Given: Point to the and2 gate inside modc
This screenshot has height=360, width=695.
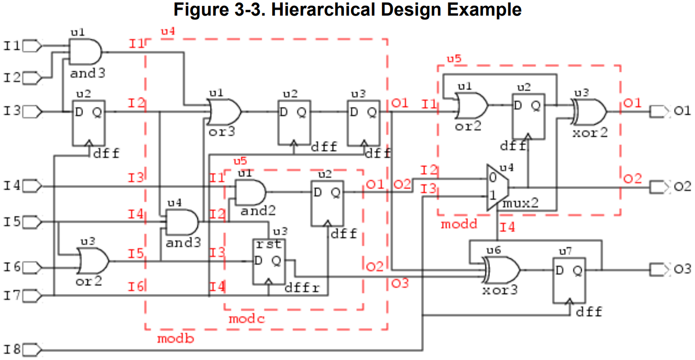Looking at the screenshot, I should point(250,192).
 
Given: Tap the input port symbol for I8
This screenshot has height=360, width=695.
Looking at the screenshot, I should point(33,350).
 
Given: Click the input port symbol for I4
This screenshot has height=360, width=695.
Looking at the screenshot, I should point(33,186).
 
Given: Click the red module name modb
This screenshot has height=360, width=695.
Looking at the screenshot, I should point(175,338).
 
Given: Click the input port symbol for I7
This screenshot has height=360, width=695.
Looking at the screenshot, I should point(33,296).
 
